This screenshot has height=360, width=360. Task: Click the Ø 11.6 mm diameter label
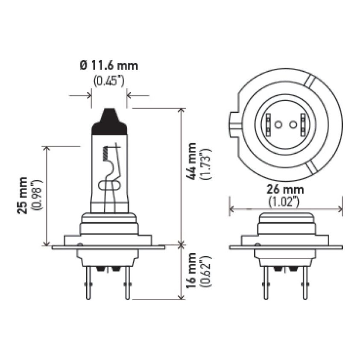(109, 66)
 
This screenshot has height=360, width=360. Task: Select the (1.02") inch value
(286, 201)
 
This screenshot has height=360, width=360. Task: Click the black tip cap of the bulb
(110, 121)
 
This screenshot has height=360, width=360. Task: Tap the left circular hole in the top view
(277, 125)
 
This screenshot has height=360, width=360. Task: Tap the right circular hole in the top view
(293, 125)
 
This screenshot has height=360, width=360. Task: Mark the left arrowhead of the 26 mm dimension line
(231, 209)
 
